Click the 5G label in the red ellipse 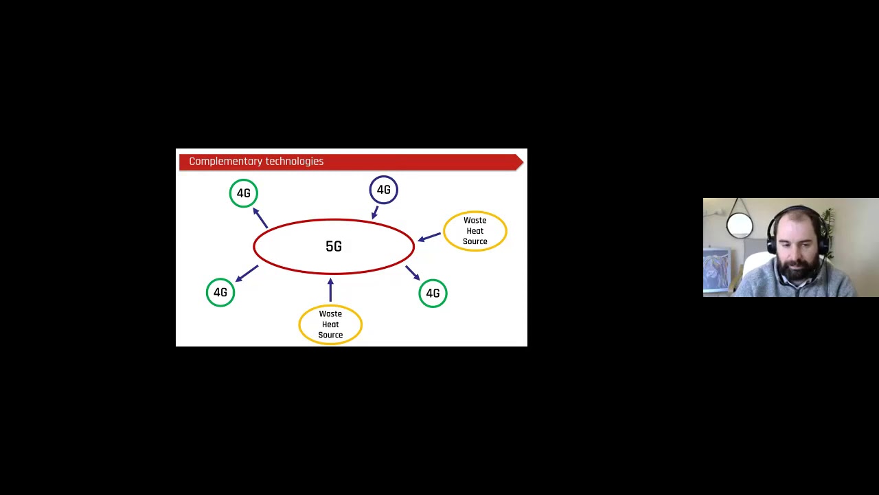[x=333, y=246]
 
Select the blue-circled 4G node [x=383, y=190]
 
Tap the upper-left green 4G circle [x=244, y=193]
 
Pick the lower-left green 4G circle [x=220, y=292]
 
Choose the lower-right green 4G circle [x=433, y=294]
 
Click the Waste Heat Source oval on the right [x=475, y=231]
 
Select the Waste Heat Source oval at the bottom [x=330, y=324]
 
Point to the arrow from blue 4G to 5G [x=375, y=212]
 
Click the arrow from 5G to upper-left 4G [x=260, y=217]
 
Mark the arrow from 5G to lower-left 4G [x=247, y=273]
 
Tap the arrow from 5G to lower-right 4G [x=413, y=273]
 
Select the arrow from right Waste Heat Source [x=429, y=237]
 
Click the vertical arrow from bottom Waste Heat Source [x=330, y=289]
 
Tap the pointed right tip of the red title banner [x=521, y=162]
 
